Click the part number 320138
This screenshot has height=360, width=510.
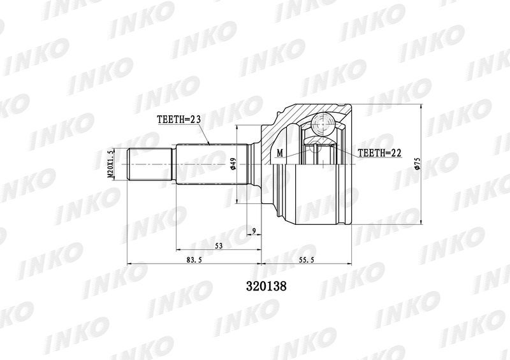(x=266, y=286)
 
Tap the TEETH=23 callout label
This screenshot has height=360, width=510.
(x=179, y=119)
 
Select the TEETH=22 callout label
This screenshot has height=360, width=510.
(x=379, y=152)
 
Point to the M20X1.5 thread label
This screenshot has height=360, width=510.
(x=110, y=164)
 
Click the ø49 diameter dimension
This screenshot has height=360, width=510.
(x=233, y=164)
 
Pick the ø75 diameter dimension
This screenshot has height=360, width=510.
(x=418, y=164)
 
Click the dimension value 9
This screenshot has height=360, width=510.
(x=254, y=231)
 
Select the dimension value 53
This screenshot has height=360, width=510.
(x=219, y=245)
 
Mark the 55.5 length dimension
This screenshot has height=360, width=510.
(x=307, y=260)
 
